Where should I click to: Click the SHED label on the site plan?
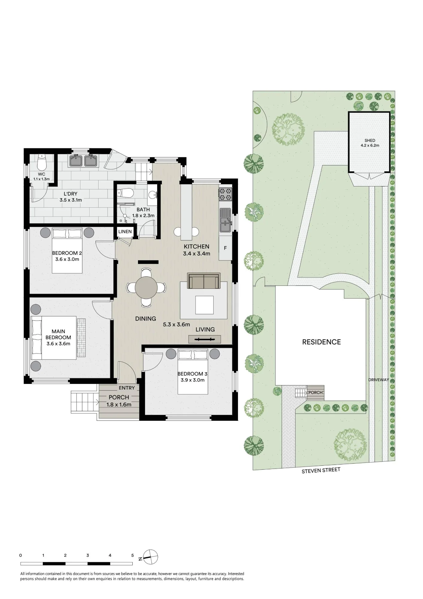370,140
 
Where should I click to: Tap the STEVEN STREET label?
321,471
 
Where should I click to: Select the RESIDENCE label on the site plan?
322,342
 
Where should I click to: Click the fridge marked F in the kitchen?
225,248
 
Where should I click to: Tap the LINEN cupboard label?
125,232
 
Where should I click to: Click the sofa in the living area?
204,281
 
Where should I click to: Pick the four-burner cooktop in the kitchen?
225,194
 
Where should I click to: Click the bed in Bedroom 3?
193,372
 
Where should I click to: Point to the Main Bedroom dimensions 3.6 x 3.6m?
58,344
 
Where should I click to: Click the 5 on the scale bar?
133,555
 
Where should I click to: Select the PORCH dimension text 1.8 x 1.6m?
119,405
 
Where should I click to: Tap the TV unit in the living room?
205,339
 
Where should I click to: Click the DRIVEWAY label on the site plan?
378,380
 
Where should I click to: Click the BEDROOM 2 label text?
67,253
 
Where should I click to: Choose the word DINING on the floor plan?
145,319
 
